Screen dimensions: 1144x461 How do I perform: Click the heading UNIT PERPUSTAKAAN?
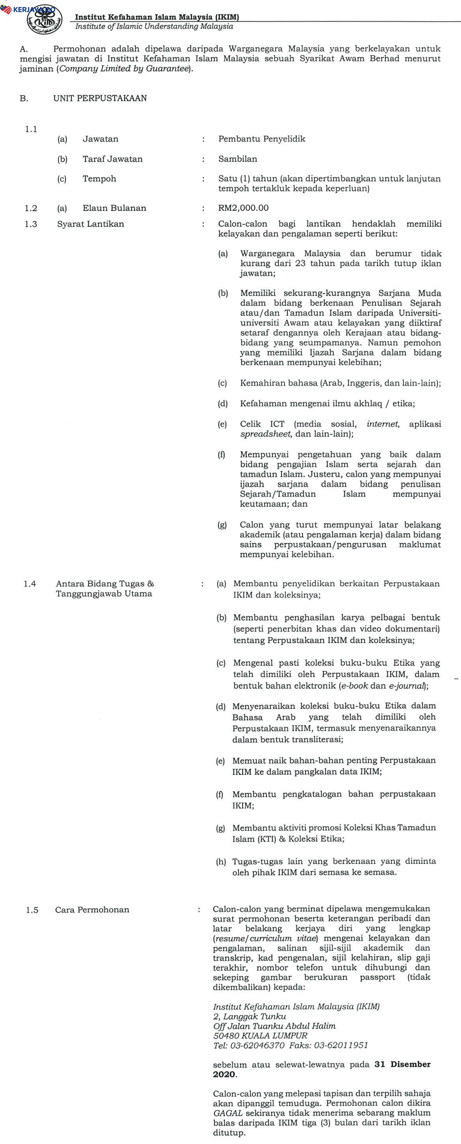click(x=100, y=98)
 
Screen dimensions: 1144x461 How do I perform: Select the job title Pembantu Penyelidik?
click(x=262, y=139)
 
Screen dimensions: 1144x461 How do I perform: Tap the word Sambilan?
click(x=238, y=159)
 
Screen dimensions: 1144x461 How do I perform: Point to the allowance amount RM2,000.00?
click(x=244, y=208)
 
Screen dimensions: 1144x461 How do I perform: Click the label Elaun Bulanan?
click(x=114, y=208)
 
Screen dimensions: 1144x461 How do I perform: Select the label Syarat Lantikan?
click(x=91, y=224)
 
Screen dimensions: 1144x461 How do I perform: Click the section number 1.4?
click(x=30, y=584)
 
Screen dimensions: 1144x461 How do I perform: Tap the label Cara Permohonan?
click(x=92, y=910)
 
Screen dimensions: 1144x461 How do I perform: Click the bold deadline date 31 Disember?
click(x=402, y=1064)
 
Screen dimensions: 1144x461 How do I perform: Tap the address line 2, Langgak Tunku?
click(x=249, y=1016)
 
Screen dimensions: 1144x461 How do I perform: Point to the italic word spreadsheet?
click(x=266, y=434)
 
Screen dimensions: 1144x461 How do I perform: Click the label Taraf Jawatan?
click(x=112, y=159)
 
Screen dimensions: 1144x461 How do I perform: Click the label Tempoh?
click(x=99, y=179)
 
